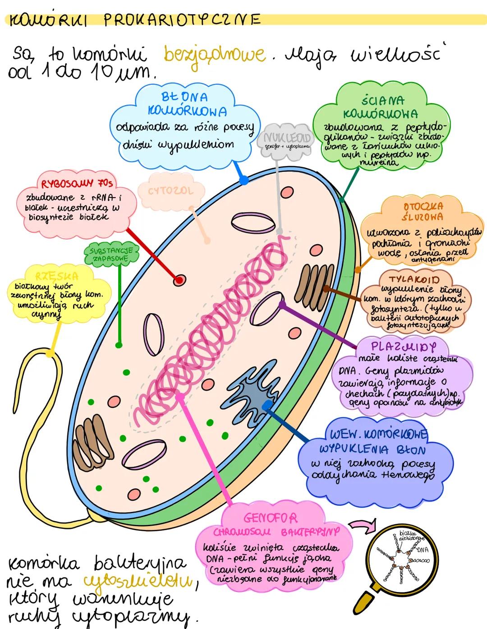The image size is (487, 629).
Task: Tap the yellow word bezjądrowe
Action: pos(214,55)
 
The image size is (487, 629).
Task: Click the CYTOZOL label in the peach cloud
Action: pos(170,191)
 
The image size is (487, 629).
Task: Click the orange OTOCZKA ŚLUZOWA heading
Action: pos(423,211)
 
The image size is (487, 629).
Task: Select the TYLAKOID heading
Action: pos(413,279)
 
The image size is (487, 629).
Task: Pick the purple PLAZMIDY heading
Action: pos(404,347)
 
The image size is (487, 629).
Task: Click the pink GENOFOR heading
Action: pos(271,518)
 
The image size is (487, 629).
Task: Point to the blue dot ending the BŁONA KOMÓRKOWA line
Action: pos(244,180)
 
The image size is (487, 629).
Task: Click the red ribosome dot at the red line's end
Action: pos(179,280)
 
